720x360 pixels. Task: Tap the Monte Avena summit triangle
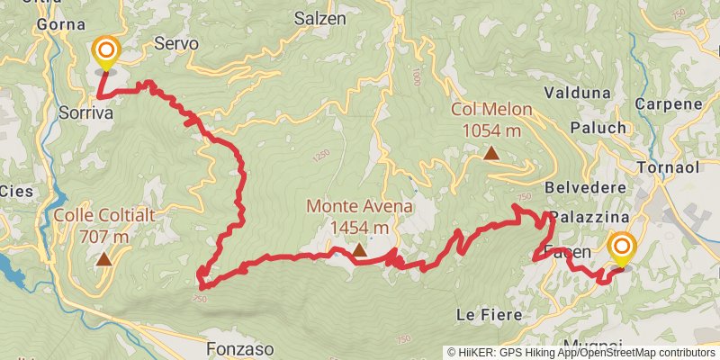[358, 250]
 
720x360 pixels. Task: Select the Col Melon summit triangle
[491, 153]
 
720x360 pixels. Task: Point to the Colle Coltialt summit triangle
[104, 260]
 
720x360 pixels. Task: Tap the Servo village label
[175, 43]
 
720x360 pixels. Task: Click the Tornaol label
[668, 168]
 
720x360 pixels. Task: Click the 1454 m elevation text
[359, 228]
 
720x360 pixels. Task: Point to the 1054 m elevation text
[491, 131]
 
